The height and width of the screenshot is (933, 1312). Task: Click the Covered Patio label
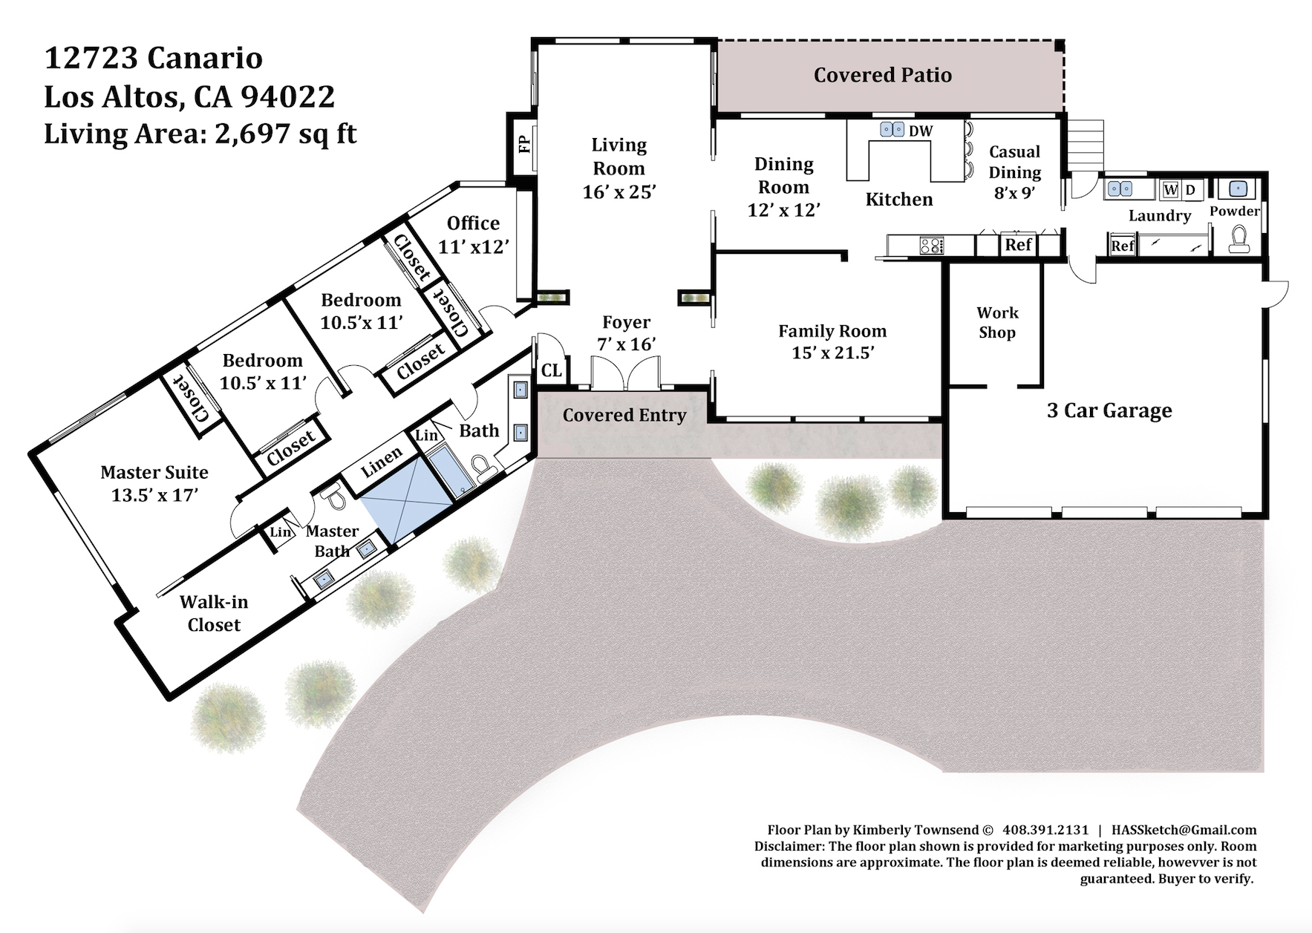[x=883, y=75]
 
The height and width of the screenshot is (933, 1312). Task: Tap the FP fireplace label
[x=525, y=143]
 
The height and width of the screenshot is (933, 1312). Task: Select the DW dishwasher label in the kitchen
[x=921, y=131]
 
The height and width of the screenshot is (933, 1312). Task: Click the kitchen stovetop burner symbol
[x=931, y=245]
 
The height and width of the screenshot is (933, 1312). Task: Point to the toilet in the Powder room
[x=1238, y=240]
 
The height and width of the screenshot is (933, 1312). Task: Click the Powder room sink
[x=1238, y=189]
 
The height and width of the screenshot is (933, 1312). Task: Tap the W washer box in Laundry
[x=1171, y=189]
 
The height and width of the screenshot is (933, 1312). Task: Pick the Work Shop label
[x=997, y=322]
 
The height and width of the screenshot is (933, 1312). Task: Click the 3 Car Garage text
[x=1109, y=410]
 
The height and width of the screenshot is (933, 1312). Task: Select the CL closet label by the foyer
[x=552, y=370]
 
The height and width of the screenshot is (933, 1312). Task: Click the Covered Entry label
[x=624, y=415]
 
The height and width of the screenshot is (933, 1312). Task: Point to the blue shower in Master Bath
[x=407, y=500]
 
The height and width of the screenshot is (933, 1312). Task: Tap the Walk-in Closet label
[x=214, y=613]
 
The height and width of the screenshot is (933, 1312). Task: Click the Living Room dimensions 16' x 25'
[x=619, y=192]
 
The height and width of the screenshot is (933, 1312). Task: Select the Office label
[x=473, y=223]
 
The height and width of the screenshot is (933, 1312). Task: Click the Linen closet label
[x=382, y=463]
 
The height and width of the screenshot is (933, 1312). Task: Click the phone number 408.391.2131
[x=1045, y=830]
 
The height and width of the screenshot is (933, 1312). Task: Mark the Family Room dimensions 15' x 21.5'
[x=833, y=353]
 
